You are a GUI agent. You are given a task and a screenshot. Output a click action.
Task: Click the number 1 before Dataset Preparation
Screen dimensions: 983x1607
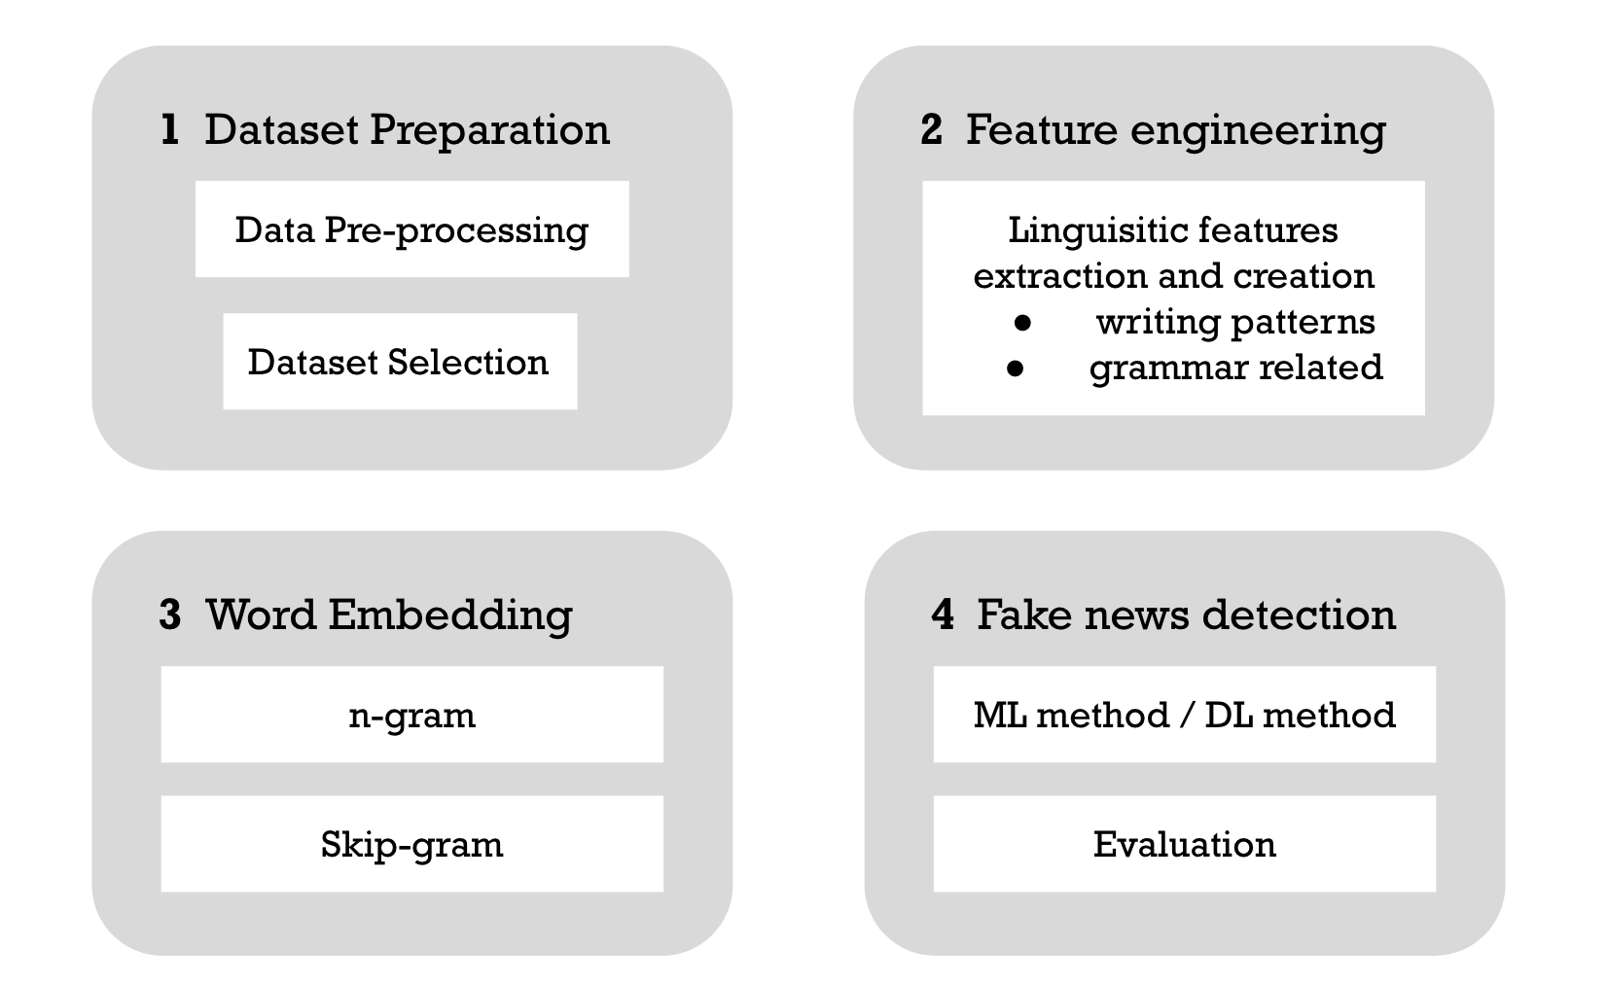tap(170, 130)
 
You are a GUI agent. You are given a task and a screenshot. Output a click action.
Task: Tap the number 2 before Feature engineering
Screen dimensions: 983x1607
tap(931, 130)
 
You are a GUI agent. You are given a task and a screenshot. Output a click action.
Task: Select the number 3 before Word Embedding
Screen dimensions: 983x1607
tap(170, 615)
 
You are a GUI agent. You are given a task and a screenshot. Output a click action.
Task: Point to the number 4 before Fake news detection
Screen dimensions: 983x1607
tap(943, 615)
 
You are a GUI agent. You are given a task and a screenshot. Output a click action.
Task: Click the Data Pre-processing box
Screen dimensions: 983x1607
tap(411, 229)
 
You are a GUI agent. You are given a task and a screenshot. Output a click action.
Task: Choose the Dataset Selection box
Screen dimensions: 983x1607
tap(399, 362)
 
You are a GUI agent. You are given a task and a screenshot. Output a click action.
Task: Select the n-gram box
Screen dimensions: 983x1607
tap(411, 715)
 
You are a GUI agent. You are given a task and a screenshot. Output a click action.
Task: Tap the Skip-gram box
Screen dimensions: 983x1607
tap(411, 844)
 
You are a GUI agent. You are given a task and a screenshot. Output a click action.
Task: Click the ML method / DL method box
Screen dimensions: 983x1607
tap(1184, 715)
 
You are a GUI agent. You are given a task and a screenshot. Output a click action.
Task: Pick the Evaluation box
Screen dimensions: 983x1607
tap(1184, 844)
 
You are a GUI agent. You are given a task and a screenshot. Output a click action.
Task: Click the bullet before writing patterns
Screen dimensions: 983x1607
tap(1022, 323)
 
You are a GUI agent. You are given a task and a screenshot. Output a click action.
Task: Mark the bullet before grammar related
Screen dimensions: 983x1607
tap(1016, 369)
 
